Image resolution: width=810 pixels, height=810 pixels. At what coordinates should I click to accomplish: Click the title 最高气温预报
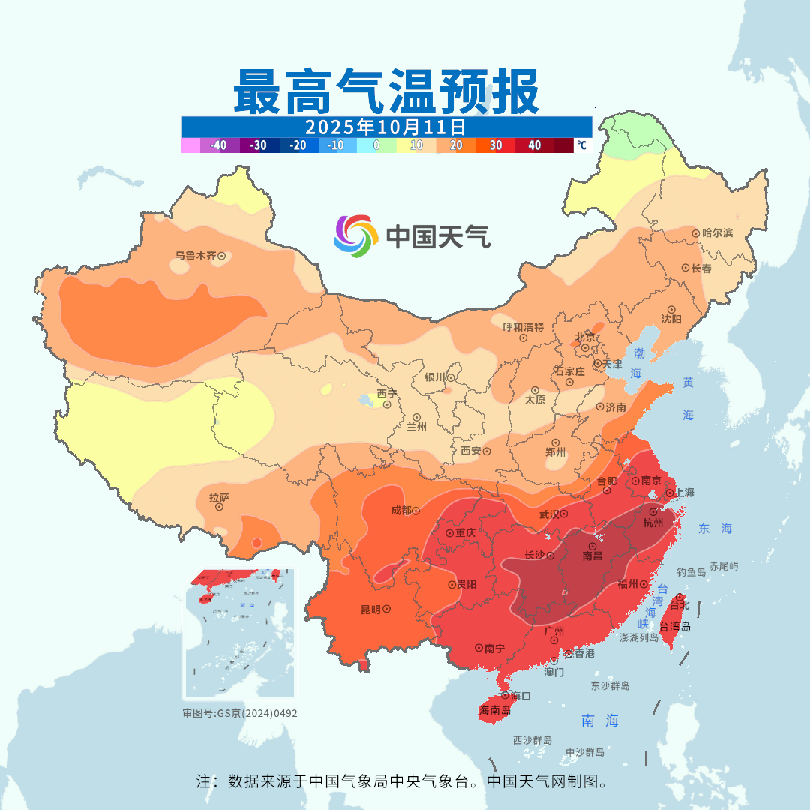(386, 91)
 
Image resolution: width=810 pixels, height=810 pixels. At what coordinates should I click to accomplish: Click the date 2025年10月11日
(386, 126)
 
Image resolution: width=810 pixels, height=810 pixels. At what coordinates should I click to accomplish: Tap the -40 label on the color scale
(218, 145)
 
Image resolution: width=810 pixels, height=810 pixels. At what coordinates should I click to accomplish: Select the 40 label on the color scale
(534, 145)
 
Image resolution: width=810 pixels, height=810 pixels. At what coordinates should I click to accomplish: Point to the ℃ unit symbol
(581, 145)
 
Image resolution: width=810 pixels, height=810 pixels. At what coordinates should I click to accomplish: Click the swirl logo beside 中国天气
(355, 236)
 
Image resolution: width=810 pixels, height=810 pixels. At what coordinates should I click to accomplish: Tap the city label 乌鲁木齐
(195, 256)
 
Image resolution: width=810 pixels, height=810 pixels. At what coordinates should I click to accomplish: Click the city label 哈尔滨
(718, 233)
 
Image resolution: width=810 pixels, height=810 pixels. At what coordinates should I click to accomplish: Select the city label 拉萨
(219, 496)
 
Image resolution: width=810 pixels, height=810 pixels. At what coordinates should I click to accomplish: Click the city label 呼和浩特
(523, 327)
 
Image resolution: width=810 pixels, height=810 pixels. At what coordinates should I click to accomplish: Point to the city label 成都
(401, 511)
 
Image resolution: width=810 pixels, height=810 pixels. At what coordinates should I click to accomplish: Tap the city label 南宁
(494, 647)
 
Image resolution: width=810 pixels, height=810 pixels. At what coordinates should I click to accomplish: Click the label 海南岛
(495, 710)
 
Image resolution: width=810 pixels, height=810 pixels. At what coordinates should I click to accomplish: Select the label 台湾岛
(675, 627)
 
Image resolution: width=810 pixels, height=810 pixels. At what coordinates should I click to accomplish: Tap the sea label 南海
(601, 721)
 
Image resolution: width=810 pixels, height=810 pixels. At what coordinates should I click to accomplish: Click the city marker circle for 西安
(486, 451)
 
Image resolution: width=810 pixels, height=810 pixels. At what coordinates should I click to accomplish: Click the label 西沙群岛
(532, 740)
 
